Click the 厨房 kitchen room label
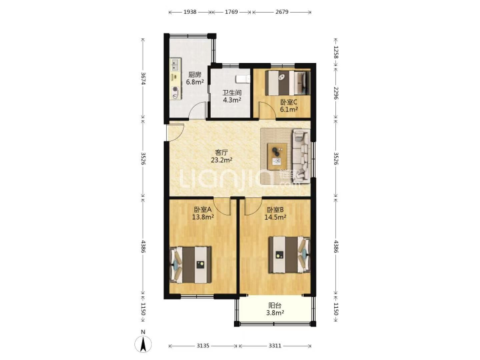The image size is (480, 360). pos(195,75)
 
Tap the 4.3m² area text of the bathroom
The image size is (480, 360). pos(232,100)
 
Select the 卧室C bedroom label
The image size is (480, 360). pos(289,102)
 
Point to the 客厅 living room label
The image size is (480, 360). pos(222,152)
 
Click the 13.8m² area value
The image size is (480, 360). pos(203,217)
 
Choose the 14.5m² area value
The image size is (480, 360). pos(275,217)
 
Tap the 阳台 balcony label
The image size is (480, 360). pos(275,305)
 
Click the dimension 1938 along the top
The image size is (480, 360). pos(190,12)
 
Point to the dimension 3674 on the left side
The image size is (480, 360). pos(143,78)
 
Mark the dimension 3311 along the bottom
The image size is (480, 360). pos(275,346)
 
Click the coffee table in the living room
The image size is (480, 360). pos(277,156)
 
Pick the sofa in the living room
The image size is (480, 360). pos(301,156)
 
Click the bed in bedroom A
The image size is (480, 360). pos(191,265)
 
